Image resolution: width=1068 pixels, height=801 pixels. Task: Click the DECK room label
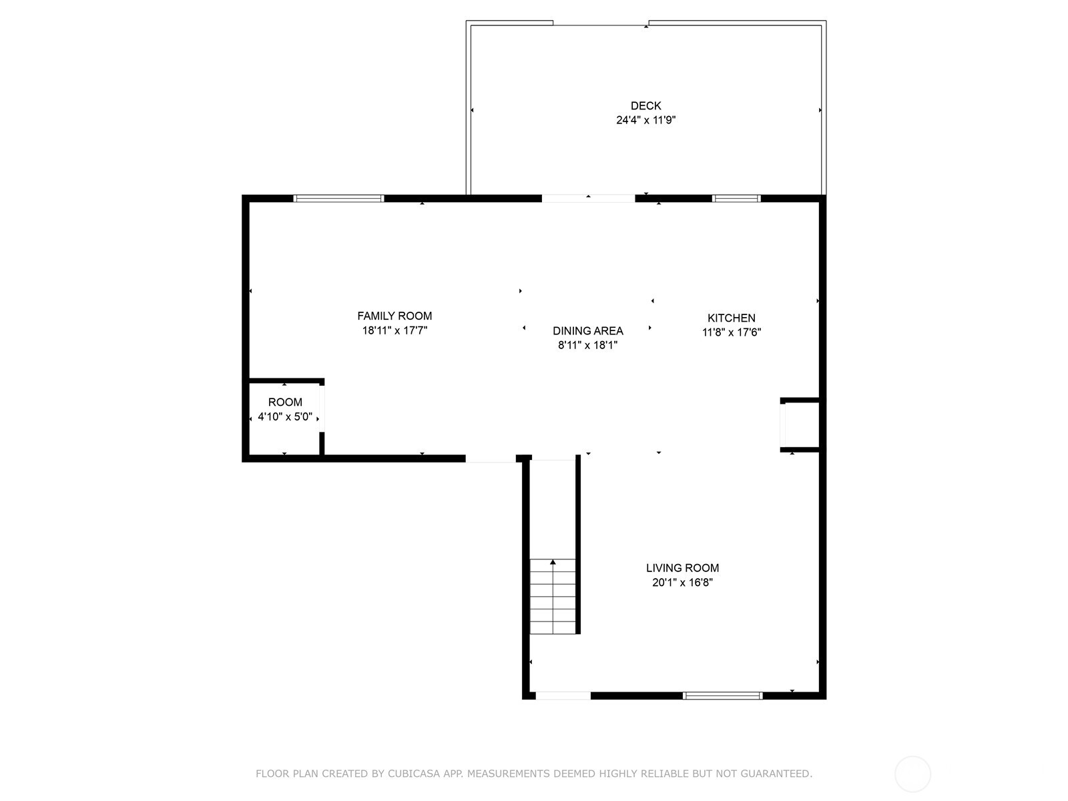pos(645,105)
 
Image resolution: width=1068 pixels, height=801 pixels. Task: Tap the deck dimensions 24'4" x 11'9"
pos(645,120)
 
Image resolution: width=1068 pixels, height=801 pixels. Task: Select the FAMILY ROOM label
pos(394,316)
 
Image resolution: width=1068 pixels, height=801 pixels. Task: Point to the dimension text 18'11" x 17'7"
pos(394,330)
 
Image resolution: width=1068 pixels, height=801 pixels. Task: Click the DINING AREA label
pos(588,330)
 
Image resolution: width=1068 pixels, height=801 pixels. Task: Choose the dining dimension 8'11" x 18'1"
pos(588,345)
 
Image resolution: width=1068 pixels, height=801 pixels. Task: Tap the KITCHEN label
pos(732,318)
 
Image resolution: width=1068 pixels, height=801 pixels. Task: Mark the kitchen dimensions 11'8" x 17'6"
pos(732,332)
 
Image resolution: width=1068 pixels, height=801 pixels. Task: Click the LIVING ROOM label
pos(682,567)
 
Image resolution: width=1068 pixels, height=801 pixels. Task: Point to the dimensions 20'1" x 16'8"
pos(682,582)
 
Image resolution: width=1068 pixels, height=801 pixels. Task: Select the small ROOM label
pos(285,403)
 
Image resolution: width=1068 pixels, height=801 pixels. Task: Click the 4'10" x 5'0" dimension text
pos(285,417)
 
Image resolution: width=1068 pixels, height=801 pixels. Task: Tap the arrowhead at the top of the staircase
pos(553,562)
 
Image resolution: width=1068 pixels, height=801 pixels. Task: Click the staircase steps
pos(553,597)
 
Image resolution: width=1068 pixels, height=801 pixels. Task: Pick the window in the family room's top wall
pos(338,198)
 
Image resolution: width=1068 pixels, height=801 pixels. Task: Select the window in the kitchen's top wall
pos(736,198)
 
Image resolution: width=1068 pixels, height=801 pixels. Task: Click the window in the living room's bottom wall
pos(722,696)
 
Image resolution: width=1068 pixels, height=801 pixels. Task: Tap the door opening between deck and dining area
pos(588,198)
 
